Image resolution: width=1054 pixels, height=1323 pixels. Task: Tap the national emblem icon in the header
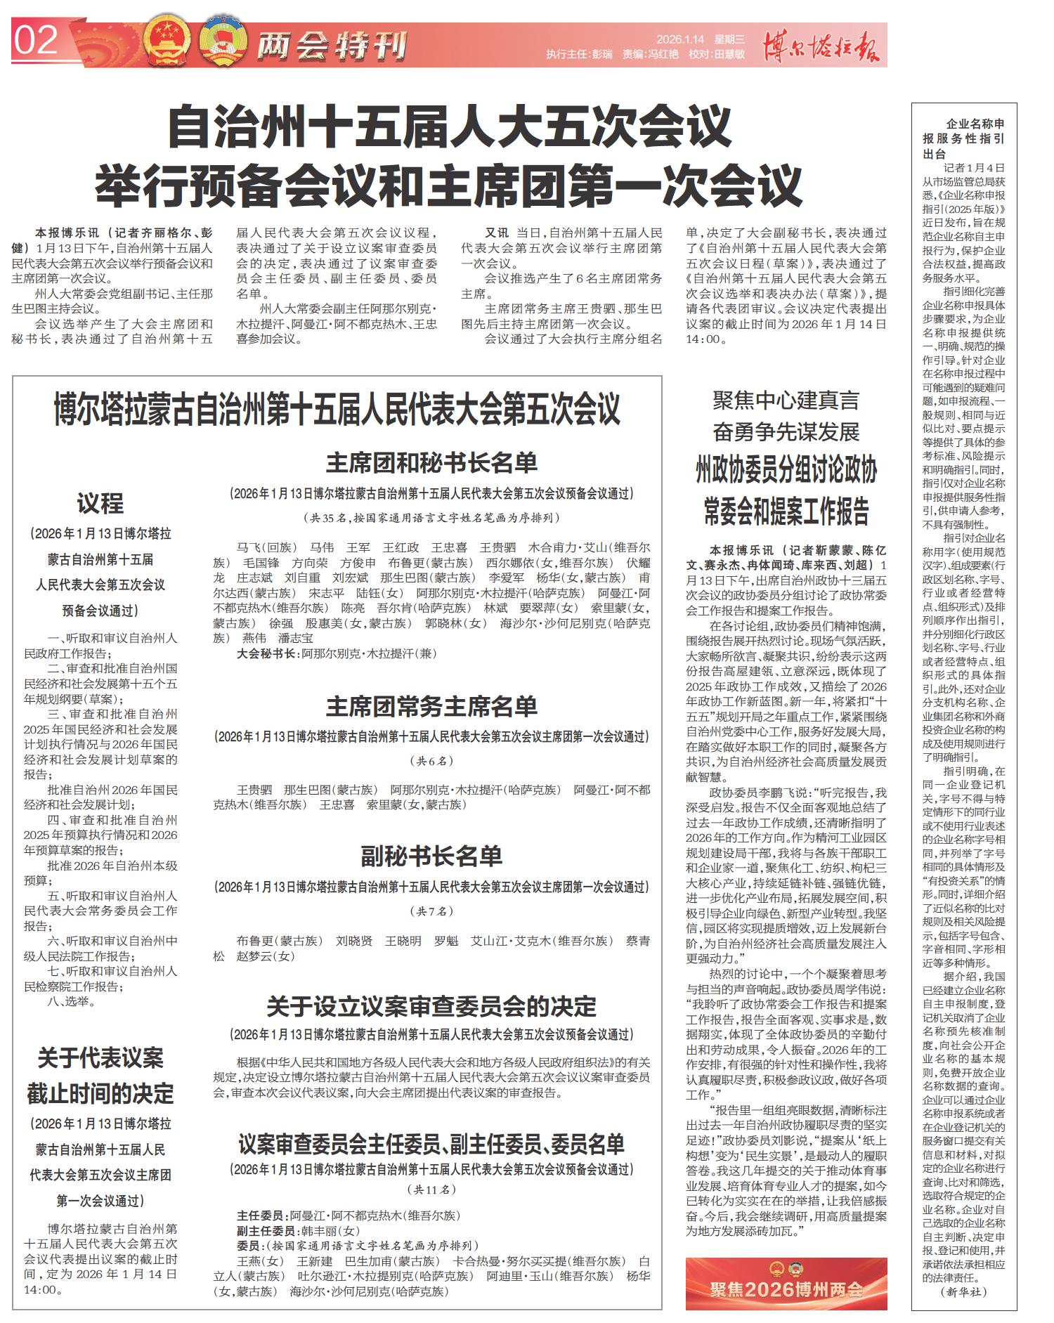coord(167,44)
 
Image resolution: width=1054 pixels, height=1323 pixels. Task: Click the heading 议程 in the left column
coord(100,503)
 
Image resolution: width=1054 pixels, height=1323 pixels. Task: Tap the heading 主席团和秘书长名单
coord(431,463)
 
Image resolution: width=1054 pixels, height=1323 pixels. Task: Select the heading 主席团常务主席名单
coord(431,706)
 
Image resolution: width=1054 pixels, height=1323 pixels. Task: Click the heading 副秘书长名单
coord(431,856)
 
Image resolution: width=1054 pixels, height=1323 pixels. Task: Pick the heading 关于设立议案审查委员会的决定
coord(431,1007)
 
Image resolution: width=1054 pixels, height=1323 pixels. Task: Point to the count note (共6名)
coord(431,761)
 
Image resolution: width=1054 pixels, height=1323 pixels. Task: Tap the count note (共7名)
coord(431,911)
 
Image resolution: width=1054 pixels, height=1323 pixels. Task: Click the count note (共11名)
coord(431,1190)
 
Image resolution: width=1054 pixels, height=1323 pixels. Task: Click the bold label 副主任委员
coord(266,1231)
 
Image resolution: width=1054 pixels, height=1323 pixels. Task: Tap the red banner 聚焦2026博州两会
coord(786,1290)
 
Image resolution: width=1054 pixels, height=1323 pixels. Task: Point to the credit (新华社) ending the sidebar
coord(964,1292)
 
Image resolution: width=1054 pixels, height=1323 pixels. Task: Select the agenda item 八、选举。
coord(72,1001)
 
